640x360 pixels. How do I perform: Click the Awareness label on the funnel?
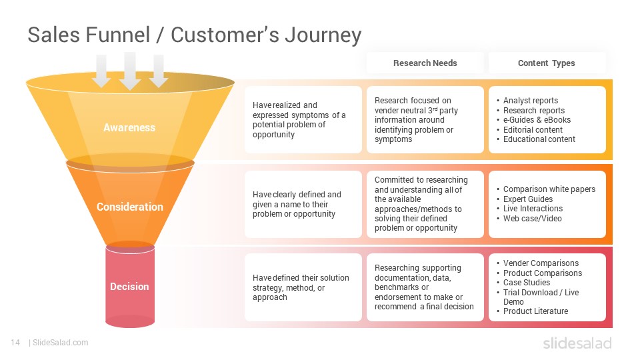pyautogui.click(x=129, y=128)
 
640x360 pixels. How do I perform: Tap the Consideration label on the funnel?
pyautogui.click(x=130, y=207)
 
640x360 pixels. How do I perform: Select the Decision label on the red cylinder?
pyautogui.click(x=129, y=287)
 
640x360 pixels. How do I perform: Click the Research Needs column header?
pyautogui.click(x=425, y=63)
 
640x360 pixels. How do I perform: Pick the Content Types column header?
pyautogui.click(x=546, y=63)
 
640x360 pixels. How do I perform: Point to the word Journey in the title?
pyautogui.click(x=323, y=35)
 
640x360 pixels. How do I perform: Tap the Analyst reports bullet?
pyautogui.click(x=530, y=101)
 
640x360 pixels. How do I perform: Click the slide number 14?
pyautogui.click(x=15, y=343)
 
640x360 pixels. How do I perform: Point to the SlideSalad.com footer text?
pyautogui.click(x=61, y=343)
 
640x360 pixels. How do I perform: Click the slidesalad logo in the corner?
pyautogui.click(x=577, y=343)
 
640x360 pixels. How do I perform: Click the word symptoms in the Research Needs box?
pyautogui.click(x=393, y=139)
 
